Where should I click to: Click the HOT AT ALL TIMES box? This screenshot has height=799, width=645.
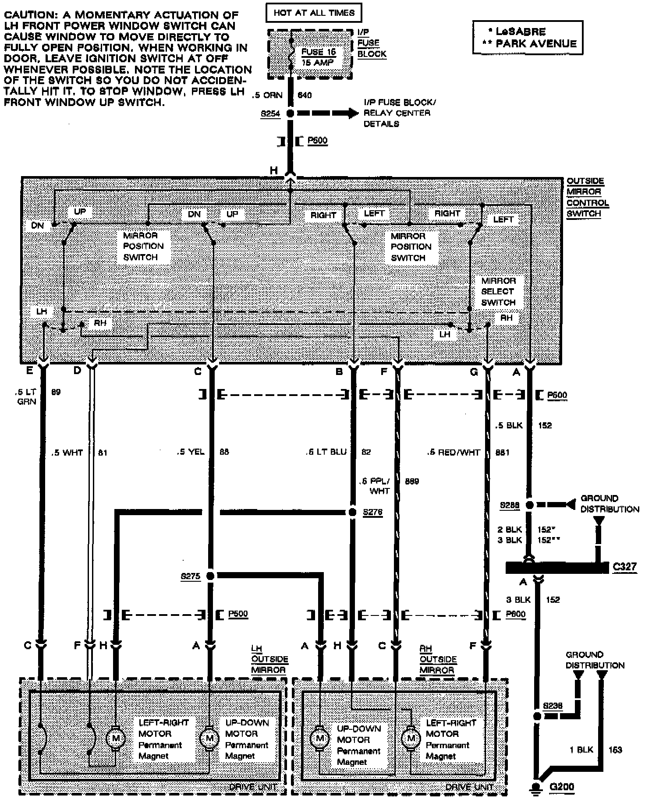[314, 13]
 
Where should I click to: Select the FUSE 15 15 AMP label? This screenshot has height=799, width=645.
[318, 57]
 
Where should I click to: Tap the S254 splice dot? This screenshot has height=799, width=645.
[290, 113]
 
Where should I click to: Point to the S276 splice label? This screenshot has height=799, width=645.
[372, 512]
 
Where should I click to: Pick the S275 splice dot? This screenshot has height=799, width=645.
[210, 576]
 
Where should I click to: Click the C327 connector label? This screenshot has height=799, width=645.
[625, 567]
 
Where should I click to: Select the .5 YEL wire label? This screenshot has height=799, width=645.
[191, 452]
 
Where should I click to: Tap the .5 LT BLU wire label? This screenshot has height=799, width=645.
[326, 452]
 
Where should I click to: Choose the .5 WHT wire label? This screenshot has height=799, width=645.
[67, 453]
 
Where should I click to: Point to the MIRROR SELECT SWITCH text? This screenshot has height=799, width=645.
[498, 291]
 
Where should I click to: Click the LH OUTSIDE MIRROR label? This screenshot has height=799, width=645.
[269, 659]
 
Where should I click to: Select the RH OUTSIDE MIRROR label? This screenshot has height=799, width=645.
[438, 659]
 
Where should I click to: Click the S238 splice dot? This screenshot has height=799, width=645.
[536, 716]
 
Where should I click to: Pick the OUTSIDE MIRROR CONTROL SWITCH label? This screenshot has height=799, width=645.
[587, 198]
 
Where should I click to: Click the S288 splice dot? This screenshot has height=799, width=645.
[529, 505]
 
